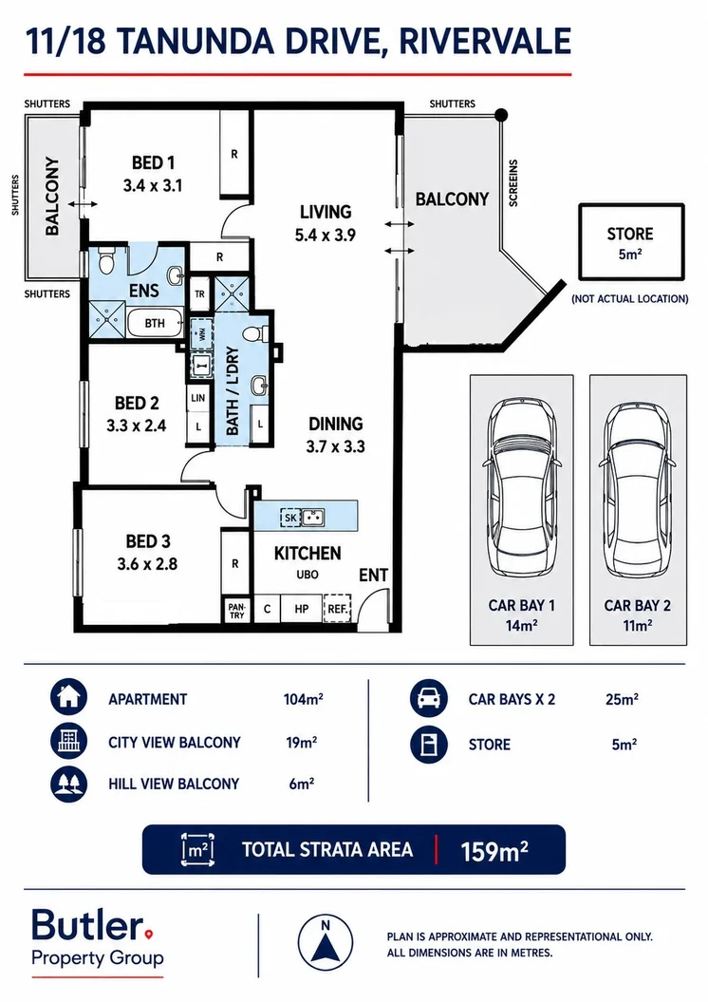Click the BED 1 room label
(153, 163)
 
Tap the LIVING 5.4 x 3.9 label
(326, 223)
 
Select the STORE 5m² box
(631, 241)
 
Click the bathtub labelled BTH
(155, 323)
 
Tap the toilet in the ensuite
(106, 261)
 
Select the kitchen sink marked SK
(303, 517)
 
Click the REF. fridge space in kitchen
(337, 609)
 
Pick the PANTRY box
(236, 611)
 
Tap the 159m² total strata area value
(494, 851)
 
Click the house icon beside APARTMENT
(68, 697)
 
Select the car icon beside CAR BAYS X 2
(429, 697)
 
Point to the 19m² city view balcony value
(302, 742)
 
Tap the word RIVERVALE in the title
(485, 42)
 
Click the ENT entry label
(374, 576)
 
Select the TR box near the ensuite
(200, 294)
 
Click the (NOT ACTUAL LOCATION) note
(630, 298)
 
